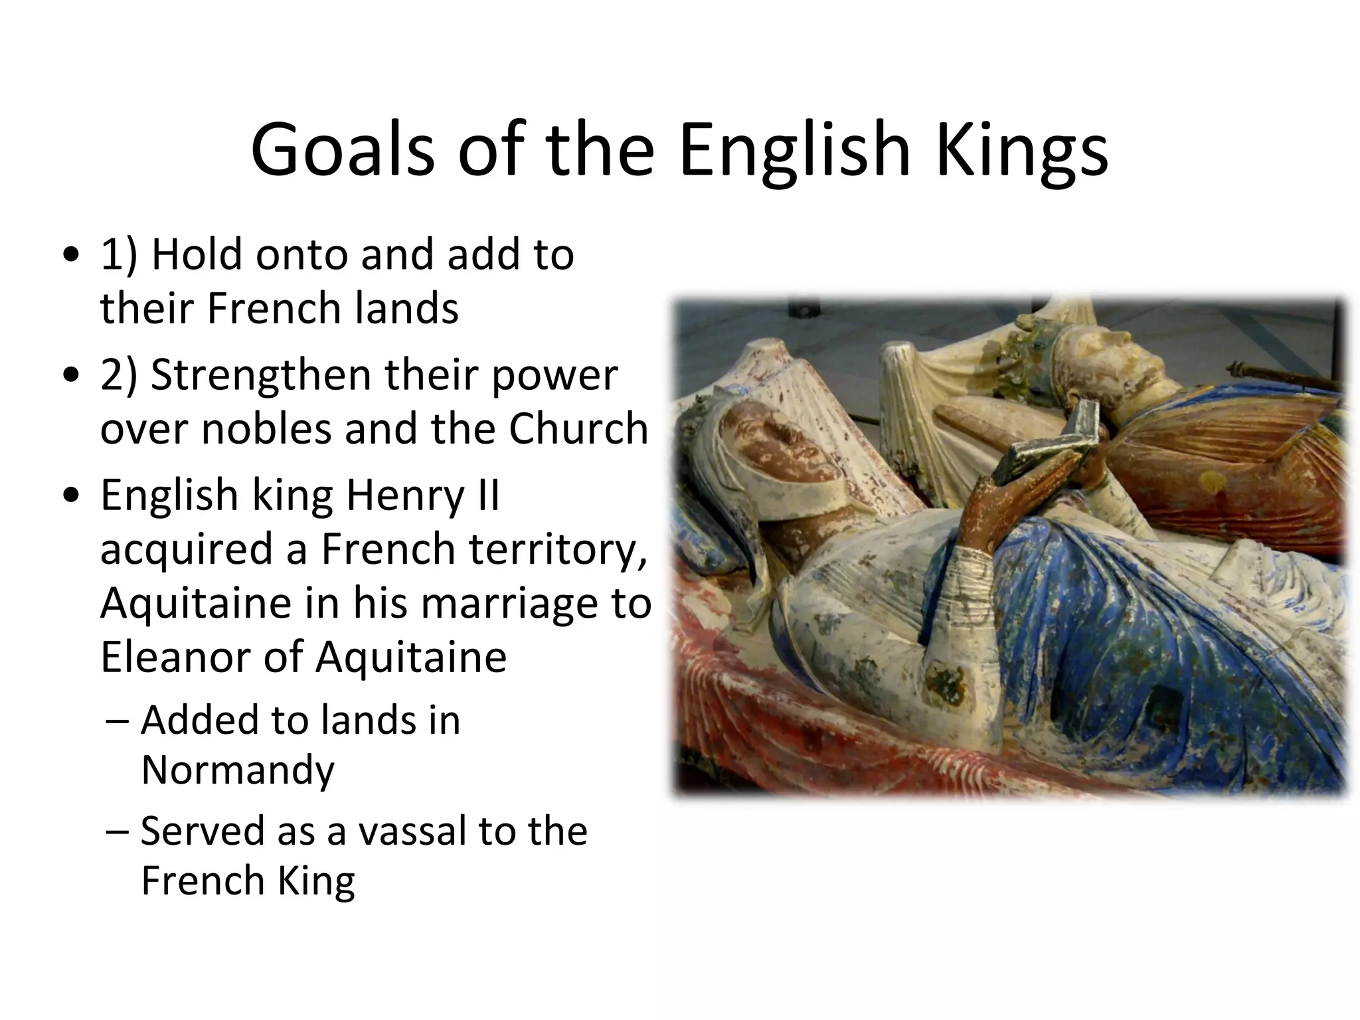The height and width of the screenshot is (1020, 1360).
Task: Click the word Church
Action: [x=578, y=429]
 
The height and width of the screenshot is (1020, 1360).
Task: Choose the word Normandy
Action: [x=238, y=770]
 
